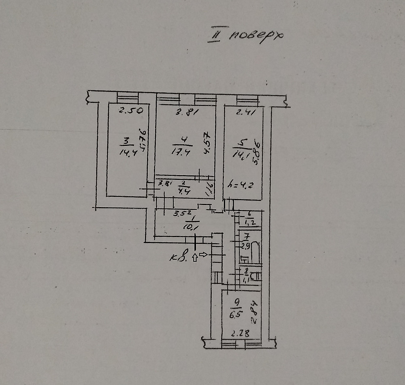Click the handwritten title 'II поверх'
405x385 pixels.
click(245, 35)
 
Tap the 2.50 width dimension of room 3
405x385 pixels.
click(130, 110)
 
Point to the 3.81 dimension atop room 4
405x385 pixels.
click(186, 113)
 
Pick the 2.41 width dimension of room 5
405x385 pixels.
click(245, 113)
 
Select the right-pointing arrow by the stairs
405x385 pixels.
click(203, 255)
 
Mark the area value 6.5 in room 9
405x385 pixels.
click(234, 314)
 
